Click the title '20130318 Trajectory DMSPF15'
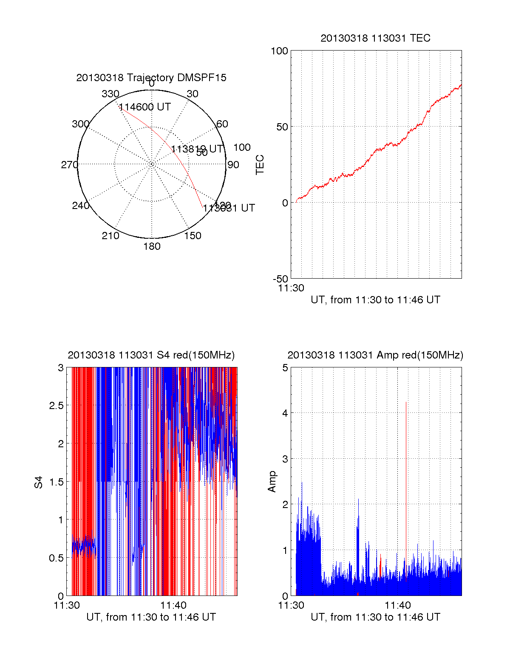(x=151, y=78)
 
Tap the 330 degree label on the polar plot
(x=110, y=94)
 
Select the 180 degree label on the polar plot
(x=152, y=246)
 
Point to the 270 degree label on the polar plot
(x=69, y=165)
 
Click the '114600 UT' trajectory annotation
(x=144, y=107)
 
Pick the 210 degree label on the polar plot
(x=110, y=236)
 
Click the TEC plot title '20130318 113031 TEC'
(x=375, y=38)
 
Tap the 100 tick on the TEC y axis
(x=279, y=51)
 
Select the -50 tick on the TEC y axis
(x=280, y=279)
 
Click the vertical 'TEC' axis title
(x=260, y=165)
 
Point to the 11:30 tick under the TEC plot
(x=291, y=288)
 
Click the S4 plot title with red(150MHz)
(x=151, y=355)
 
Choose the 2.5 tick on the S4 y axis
(x=57, y=406)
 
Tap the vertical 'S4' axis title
(x=39, y=482)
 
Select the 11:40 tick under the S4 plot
(x=173, y=605)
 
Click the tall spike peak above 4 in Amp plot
(x=406, y=402)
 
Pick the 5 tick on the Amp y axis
(x=285, y=368)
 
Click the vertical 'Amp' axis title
(x=272, y=482)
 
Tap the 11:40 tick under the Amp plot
(x=398, y=605)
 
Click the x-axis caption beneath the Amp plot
(x=375, y=617)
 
